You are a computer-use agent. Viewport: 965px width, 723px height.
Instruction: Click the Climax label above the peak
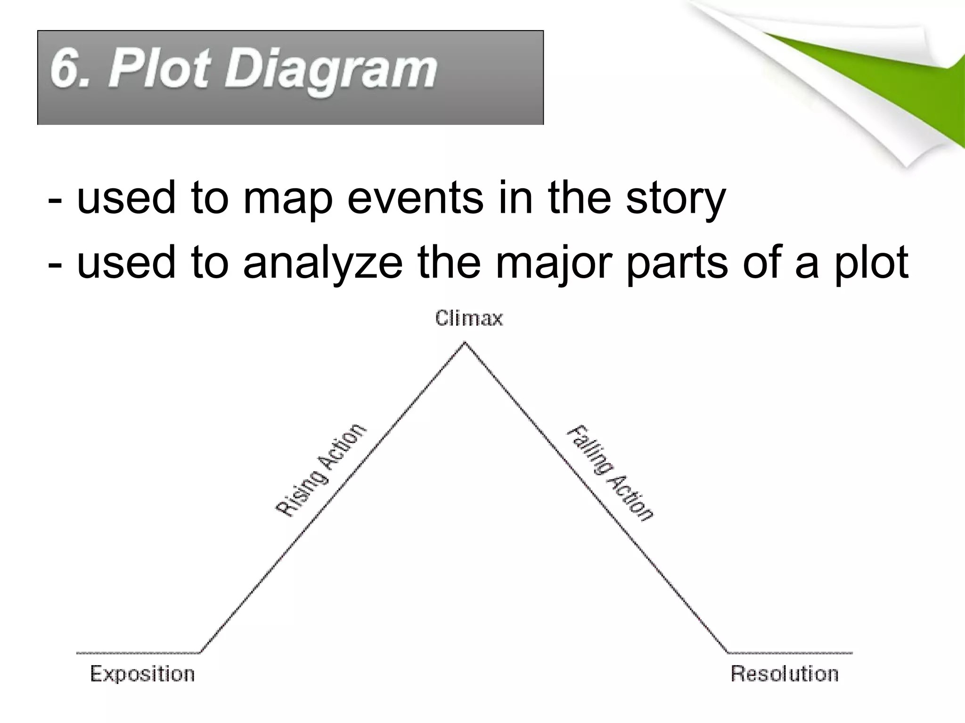(x=469, y=319)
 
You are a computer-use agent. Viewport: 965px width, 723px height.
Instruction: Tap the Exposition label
(x=142, y=674)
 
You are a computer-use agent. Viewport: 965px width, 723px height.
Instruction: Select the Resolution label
(x=785, y=674)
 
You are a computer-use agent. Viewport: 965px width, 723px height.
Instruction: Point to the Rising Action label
(x=320, y=470)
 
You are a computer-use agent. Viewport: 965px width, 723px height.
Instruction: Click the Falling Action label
(x=610, y=473)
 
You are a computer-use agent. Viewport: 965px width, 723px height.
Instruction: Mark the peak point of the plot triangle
(x=465, y=343)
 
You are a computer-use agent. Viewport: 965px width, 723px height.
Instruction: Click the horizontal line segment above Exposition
(x=138, y=653)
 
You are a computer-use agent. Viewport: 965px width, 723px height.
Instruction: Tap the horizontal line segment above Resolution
(x=790, y=653)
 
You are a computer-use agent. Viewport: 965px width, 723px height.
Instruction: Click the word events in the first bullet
(x=415, y=197)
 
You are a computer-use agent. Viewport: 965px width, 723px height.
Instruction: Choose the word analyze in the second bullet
(x=323, y=263)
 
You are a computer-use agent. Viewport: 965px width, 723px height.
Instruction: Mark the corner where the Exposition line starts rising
(x=200, y=652)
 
